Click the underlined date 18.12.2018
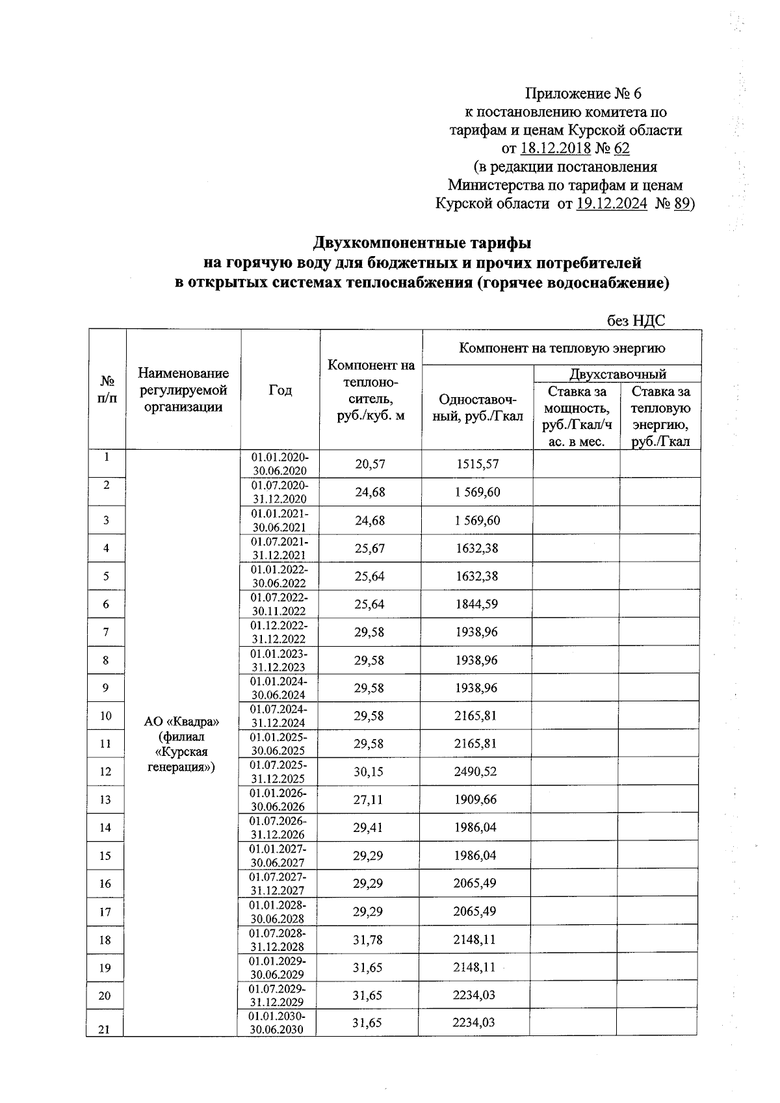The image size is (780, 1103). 555,149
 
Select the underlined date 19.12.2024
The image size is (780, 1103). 612,204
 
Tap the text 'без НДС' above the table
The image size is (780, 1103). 635,320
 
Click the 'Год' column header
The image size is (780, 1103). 280,390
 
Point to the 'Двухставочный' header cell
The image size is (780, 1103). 617,374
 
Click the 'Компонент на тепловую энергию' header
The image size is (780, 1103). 562,348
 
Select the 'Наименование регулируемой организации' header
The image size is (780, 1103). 183,390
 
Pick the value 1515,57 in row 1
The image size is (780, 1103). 477,464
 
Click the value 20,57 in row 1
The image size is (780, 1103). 370,464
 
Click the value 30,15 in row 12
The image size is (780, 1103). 369,772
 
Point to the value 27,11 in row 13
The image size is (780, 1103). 369,799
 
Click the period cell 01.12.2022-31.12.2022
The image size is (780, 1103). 280,632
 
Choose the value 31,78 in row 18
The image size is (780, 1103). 368,939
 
